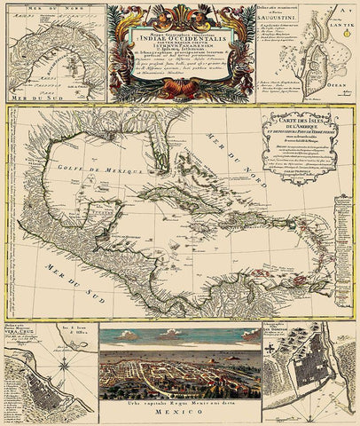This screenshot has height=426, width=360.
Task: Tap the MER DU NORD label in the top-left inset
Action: point(39,13)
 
